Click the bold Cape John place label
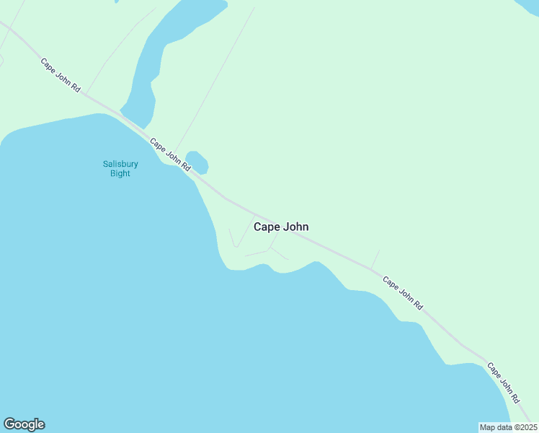281,227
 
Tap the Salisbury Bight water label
120,168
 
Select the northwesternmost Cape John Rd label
61,74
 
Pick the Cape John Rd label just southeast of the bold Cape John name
402,293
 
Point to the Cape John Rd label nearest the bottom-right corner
504,382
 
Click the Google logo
24,424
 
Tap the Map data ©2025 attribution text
508,427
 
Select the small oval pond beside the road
197,162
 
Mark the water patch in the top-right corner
527,6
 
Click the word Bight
120,173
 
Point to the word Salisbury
120,164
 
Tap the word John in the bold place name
295,227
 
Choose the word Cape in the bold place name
267,227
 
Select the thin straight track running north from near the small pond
216,79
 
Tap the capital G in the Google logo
9,424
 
